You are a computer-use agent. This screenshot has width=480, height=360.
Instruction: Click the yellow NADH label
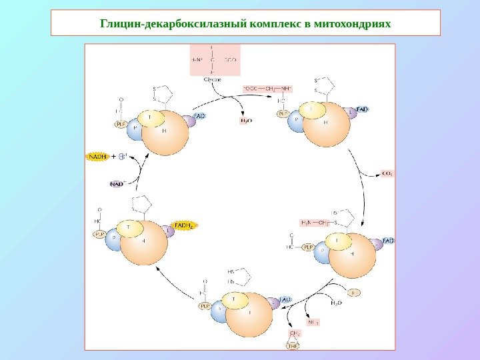click(97, 157)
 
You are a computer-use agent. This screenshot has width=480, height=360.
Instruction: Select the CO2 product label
click(387, 174)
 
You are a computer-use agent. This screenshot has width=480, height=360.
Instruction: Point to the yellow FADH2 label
click(185, 226)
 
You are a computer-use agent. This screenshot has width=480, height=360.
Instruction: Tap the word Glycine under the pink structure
click(213, 79)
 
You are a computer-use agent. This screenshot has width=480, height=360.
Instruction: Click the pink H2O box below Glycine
click(247, 121)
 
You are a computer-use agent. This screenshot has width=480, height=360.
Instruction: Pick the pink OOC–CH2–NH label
click(267, 87)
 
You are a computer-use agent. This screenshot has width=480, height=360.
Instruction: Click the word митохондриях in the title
click(353, 24)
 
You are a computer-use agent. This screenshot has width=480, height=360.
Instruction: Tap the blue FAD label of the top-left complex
click(199, 116)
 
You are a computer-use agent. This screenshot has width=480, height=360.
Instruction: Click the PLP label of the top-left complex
click(121, 124)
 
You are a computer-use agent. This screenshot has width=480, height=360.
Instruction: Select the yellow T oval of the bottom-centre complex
click(233, 301)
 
